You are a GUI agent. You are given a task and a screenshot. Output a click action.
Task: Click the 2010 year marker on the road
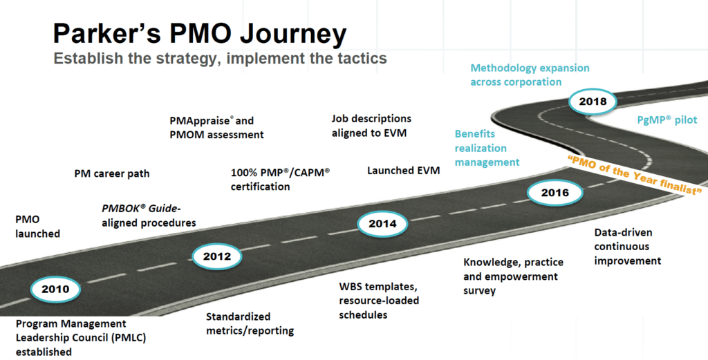click(x=55, y=289)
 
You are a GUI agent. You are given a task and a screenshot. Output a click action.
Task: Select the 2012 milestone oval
click(x=216, y=256)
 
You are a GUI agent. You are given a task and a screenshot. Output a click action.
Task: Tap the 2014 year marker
click(x=382, y=223)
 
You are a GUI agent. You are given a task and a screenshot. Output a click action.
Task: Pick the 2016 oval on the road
click(x=555, y=193)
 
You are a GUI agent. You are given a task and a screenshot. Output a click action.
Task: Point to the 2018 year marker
click(x=593, y=101)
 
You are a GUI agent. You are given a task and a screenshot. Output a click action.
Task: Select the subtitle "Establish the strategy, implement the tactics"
click(x=220, y=58)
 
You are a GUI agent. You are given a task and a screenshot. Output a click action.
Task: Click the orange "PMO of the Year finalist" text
click(x=635, y=174)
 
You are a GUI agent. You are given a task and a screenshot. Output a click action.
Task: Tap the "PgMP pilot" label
click(x=667, y=120)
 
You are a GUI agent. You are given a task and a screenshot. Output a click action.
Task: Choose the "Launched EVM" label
click(x=403, y=171)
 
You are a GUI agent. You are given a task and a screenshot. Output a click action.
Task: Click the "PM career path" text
click(x=111, y=173)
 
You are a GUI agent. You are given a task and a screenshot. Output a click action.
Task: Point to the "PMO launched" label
click(x=37, y=227)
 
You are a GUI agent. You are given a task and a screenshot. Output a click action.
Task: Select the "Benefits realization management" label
click(x=487, y=148)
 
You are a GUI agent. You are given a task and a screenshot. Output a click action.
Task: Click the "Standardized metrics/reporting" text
click(x=250, y=323)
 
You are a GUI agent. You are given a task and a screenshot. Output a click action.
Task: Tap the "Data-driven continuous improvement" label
click(x=627, y=247)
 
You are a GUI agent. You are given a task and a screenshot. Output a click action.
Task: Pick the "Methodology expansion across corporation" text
click(x=530, y=75)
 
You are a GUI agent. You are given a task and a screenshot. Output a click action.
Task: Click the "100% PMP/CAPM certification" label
click(x=280, y=180)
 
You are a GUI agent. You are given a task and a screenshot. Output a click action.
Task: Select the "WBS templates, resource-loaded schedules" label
click(x=379, y=301)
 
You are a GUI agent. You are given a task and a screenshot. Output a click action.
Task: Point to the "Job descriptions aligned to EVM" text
click(x=371, y=126)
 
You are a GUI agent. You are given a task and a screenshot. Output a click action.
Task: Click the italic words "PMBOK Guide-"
click(x=141, y=209)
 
